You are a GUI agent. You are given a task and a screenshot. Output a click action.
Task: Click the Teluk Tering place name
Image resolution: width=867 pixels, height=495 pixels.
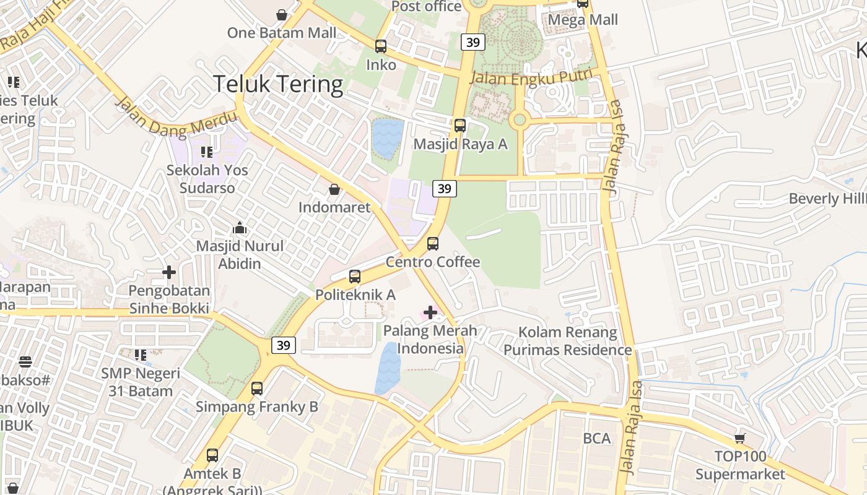click(x=278, y=84)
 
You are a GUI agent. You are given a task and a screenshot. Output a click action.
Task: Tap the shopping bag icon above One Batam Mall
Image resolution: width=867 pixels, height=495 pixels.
click(x=282, y=14)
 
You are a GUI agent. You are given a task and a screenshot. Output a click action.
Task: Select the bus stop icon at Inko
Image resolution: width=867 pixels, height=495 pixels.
click(x=381, y=46)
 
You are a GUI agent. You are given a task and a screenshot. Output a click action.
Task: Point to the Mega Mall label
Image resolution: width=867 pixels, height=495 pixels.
click(x=583, y=20)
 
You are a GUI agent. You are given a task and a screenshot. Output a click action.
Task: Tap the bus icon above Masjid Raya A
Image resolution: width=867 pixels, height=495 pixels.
click(x=460, y=126)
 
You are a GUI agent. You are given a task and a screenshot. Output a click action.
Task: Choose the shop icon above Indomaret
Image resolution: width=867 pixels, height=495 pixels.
click(x=334, y=189)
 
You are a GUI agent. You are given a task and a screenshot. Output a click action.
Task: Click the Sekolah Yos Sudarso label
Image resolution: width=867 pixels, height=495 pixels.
click(x=207, y=178)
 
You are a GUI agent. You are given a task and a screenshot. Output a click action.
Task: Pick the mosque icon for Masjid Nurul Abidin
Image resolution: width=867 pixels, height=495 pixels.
click(x=239, y=228)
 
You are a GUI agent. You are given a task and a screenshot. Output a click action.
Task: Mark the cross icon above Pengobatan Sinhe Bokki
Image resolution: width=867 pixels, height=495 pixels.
click(x=169, y=272)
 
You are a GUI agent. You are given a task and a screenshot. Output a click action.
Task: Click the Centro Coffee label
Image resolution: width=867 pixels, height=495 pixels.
click(x=433, y=262)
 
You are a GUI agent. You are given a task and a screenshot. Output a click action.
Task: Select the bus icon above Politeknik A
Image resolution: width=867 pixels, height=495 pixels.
click(x=355, y=277)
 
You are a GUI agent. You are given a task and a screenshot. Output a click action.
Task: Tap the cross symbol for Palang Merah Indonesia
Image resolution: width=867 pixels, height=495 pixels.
click(x=430, y=312)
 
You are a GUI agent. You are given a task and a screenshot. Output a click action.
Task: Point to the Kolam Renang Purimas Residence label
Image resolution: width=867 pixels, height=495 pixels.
click(x=567, y=341)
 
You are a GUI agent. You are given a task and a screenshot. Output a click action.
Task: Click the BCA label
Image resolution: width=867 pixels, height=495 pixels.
click(x=597, y=439)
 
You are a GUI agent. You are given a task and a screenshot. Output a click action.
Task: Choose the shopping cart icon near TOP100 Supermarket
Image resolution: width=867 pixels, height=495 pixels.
click(x=739, y=439)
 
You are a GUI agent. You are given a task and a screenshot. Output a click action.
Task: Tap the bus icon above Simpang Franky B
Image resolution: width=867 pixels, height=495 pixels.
click(x=257, y=389)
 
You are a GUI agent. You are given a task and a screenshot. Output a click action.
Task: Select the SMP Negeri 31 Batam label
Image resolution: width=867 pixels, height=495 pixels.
click(x=141, y=382)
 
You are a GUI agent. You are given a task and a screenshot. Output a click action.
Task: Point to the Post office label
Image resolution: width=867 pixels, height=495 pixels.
click(x=427, y=6)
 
